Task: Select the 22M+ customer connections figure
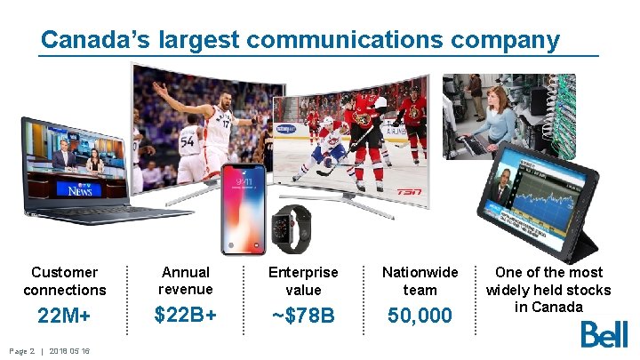click(x=64, y=316)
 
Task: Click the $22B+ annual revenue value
click(x=185, y=315)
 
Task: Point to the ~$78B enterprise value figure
click(x=302, y=316)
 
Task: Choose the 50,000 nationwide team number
click(x=420, y=316)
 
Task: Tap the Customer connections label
click(x=64, y=281)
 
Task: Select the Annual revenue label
click(x=185, y=280)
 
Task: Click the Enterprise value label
click(x=302, y=281)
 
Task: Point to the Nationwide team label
click(x=420, y=281)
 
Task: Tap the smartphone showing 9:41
click(x=244, y=209)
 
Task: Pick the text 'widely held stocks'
click(x=548, y=290)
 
